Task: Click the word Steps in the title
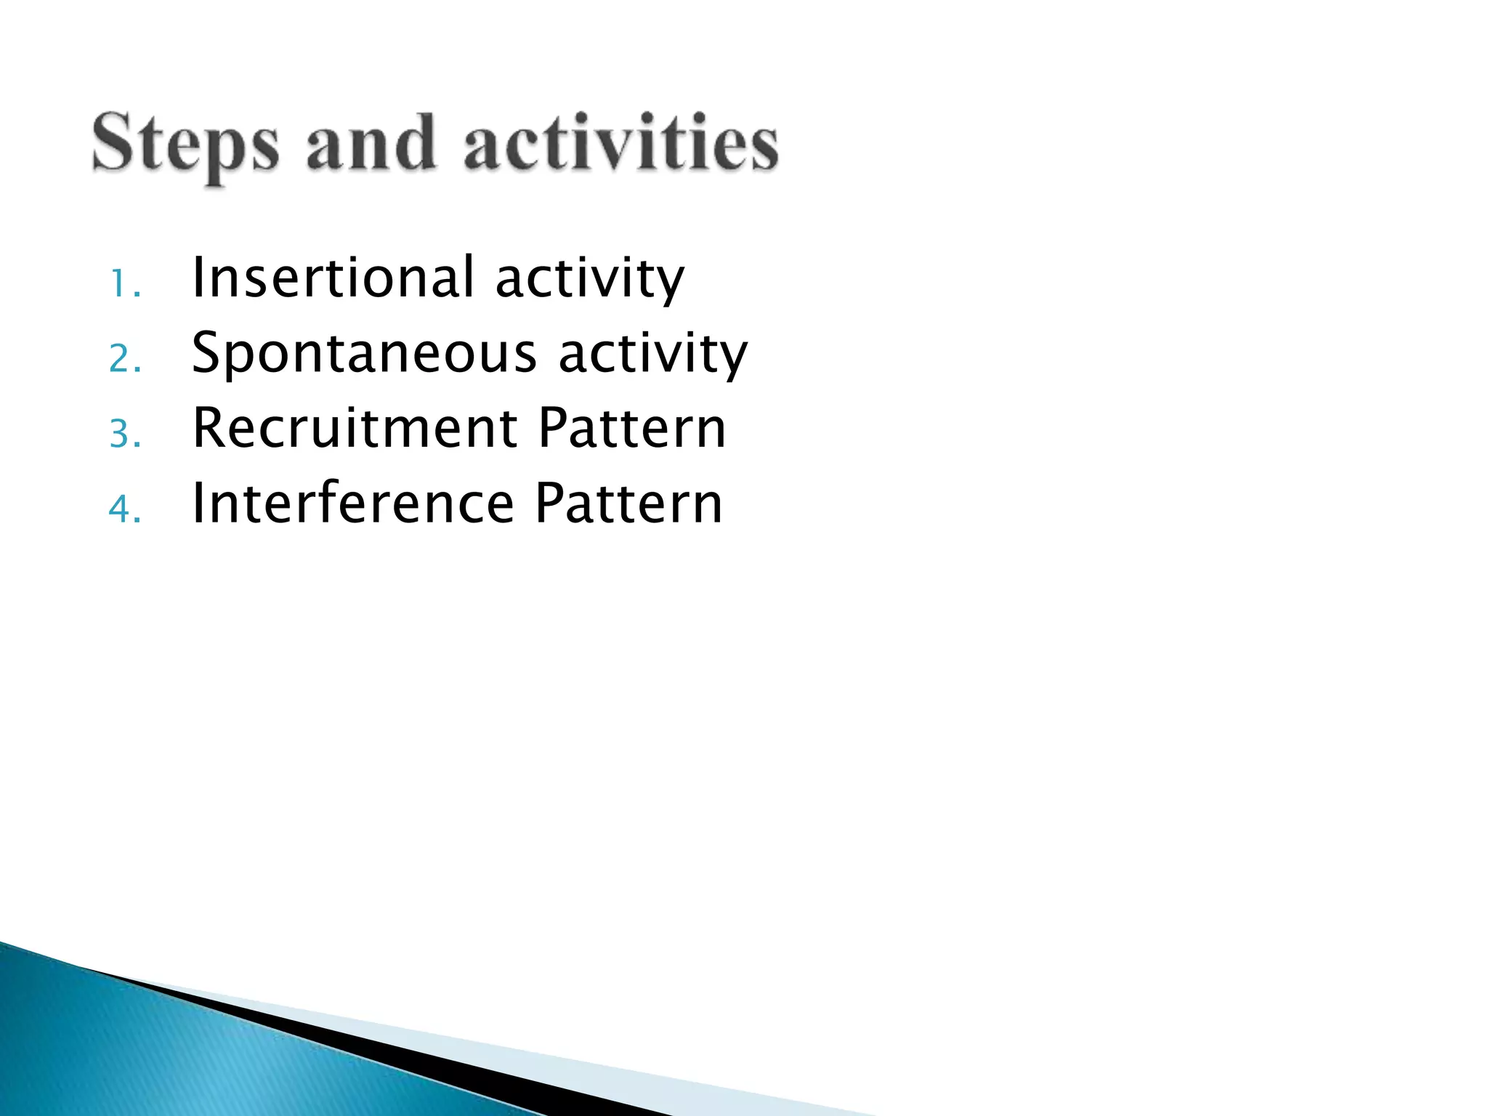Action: point(185,145)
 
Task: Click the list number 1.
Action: point(124,284)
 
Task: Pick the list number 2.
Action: point(124,359)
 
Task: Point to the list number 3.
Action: point(124,434)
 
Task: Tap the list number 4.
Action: point(124,509)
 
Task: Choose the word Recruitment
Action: point(355,428)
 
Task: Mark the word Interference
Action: point(353,503)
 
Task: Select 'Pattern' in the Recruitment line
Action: point(632,428)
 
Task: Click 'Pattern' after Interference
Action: point(628,503)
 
